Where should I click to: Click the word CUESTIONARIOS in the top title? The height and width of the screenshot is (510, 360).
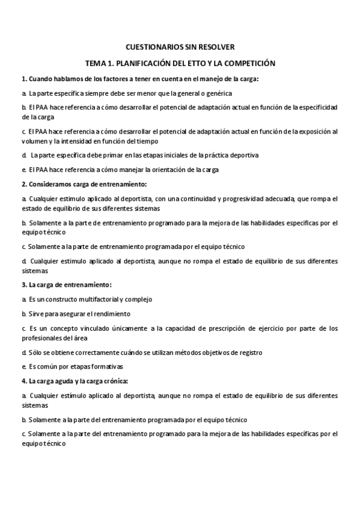(155, 46)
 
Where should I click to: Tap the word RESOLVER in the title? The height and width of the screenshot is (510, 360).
(217, 46)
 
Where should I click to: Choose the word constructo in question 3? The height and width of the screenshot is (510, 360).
(66, 299)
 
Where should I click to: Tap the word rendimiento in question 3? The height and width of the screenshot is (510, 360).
(112, 313)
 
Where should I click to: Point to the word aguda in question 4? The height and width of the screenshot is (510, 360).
(59, 381)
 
